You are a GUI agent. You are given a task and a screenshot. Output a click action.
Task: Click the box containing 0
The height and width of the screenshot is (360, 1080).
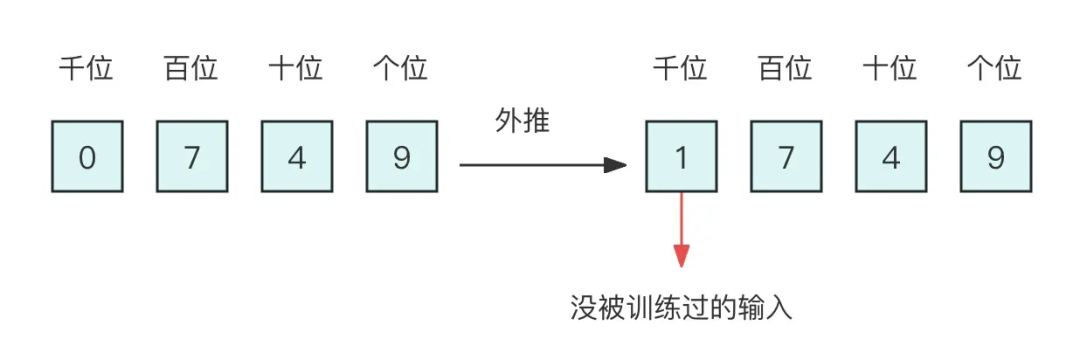(87, 157)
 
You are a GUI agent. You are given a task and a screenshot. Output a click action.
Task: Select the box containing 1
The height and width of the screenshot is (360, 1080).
(681, 157)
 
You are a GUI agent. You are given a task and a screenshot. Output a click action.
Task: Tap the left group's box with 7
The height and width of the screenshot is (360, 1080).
(192, 157)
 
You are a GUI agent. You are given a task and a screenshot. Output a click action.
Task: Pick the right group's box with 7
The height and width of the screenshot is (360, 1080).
(786, 157)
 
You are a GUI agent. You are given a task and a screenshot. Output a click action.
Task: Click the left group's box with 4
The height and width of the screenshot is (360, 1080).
(297, 157)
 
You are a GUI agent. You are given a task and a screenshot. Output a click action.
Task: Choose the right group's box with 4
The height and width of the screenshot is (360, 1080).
(890, 157)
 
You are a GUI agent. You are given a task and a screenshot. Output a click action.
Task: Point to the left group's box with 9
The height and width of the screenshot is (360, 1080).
(402, 157)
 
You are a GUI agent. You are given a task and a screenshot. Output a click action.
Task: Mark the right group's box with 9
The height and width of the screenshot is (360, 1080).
(995, 157)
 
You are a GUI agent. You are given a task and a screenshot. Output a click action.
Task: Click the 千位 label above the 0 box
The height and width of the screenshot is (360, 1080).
(86, 69)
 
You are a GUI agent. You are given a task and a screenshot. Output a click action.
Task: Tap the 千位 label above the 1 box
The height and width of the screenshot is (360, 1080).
(680, 69)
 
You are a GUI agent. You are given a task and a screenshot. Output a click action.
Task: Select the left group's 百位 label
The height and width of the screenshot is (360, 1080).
(191, 69)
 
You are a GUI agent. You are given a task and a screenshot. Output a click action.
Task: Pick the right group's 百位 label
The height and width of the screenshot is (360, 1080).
(785, 69)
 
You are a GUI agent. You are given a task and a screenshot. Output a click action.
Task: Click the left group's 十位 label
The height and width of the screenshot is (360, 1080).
(296, 69)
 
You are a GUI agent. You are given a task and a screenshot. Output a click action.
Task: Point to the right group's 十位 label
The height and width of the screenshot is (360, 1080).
(890, 69)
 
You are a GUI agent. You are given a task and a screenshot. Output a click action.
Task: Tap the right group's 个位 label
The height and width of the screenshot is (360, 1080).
(995, 69)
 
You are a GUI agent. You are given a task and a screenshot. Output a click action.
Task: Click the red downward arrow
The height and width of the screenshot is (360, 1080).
(681, 230)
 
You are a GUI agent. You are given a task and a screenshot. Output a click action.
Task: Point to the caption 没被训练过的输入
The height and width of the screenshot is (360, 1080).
(681, 307)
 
